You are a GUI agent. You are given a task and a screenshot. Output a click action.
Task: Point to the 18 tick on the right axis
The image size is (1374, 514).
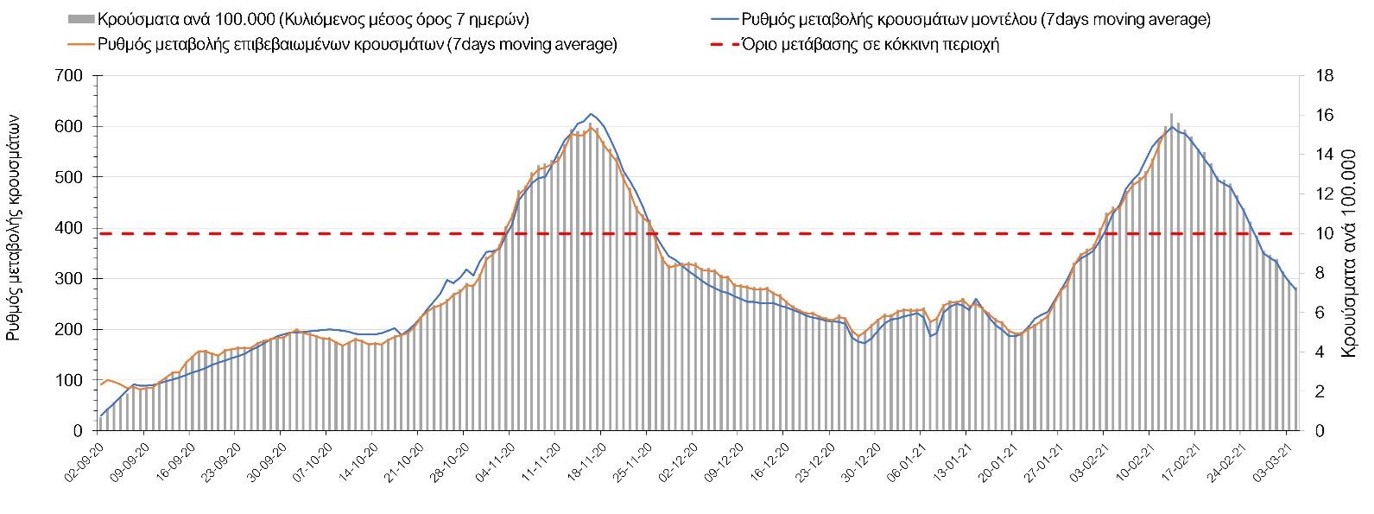[x=1324, y=76]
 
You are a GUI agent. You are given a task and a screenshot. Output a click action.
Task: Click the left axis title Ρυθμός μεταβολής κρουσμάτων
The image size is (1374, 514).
[x=15, y=230]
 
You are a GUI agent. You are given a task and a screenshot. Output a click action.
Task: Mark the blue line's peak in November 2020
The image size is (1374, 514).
[x=591, y=114]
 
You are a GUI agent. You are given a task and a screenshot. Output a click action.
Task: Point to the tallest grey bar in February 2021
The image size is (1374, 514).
[x=1171, y=115]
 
